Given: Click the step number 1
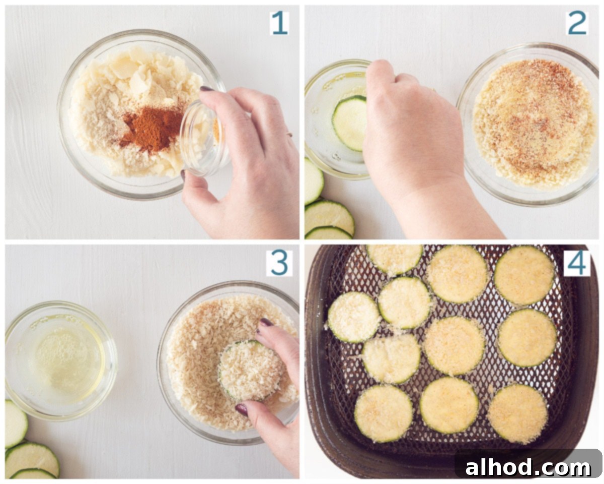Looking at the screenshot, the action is tap(279, 23).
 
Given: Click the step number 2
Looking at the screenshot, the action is tap(577, 23).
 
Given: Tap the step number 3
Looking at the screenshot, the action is tap(279, 263).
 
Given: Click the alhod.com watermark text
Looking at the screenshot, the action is tap(528, 467).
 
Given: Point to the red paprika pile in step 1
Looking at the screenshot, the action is tap(152, 128).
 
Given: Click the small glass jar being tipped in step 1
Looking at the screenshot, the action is tap(203, 138).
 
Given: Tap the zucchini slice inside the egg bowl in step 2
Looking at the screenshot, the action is tap(349, 123).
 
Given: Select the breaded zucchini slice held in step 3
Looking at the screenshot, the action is tap(250, 370).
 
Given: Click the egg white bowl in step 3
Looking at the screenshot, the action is tap(60, 360).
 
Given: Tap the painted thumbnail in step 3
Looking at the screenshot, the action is tap(242, 409).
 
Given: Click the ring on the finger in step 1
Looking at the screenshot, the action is tap(289, 134).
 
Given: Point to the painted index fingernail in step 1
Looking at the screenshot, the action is tap(207, 89).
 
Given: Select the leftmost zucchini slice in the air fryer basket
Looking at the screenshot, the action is tap(354, 317).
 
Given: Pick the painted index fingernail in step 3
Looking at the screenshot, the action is tap(266, 322).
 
